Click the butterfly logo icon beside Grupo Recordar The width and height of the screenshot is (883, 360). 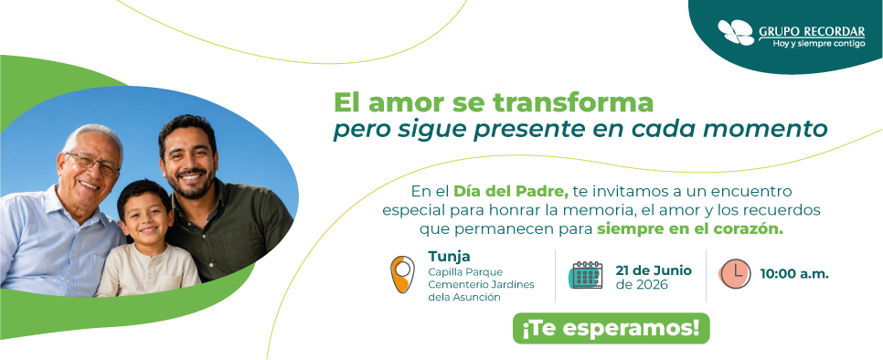pyautogui.click(x=736, y=33)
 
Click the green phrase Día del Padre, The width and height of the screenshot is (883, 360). pyautogui.click(x=511, y=191)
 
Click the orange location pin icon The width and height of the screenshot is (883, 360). pyautogui.click(x=402, y=274)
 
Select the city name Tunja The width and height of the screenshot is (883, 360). pyautogui.click(x=449, y=257)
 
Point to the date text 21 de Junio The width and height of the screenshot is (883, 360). pyautogui.click(x=654, y=271)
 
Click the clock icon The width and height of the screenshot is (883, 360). pyautogui.click(x=735, y=274)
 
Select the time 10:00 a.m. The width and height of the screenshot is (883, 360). pyautogui.click(x=794, y=274)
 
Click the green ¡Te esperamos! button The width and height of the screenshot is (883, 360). pyautogui.click(x=611, y=329)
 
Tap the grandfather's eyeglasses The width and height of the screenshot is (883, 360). pyautogui.click(x=93, y=164)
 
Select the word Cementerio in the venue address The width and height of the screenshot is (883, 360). pyautogui.click(x=455, y=285)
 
